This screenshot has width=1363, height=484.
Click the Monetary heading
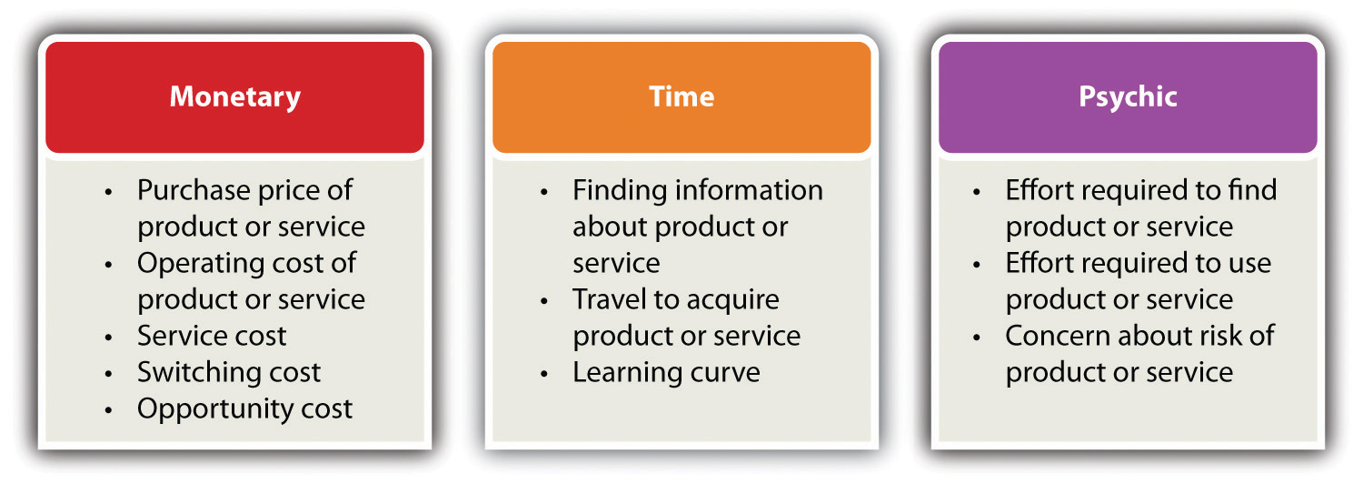(234, 97)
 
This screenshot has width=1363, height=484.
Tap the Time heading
(681, 96)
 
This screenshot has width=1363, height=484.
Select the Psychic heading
(1128, 97)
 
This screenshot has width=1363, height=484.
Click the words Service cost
(212, 336)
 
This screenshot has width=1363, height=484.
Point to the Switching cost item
(229, 372)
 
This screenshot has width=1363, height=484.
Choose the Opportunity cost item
(244, 409)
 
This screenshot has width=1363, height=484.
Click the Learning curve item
(666, 372)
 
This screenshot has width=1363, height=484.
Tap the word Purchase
(186, 190)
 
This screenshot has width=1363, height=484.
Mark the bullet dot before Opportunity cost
(108, 410)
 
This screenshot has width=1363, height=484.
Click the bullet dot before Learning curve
(544, 374)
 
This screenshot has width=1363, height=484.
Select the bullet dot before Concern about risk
(977, 338)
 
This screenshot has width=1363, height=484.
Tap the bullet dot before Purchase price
(108, 192)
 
